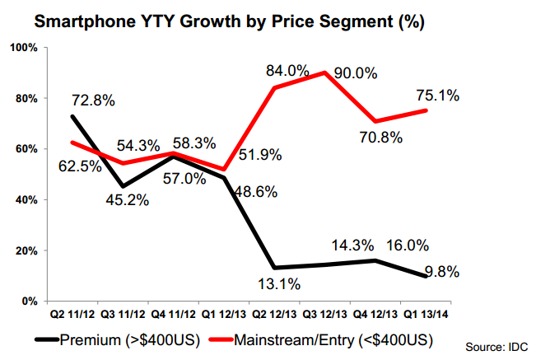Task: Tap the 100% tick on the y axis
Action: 26,49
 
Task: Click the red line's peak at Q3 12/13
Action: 326,72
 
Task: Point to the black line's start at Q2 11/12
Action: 73,116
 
